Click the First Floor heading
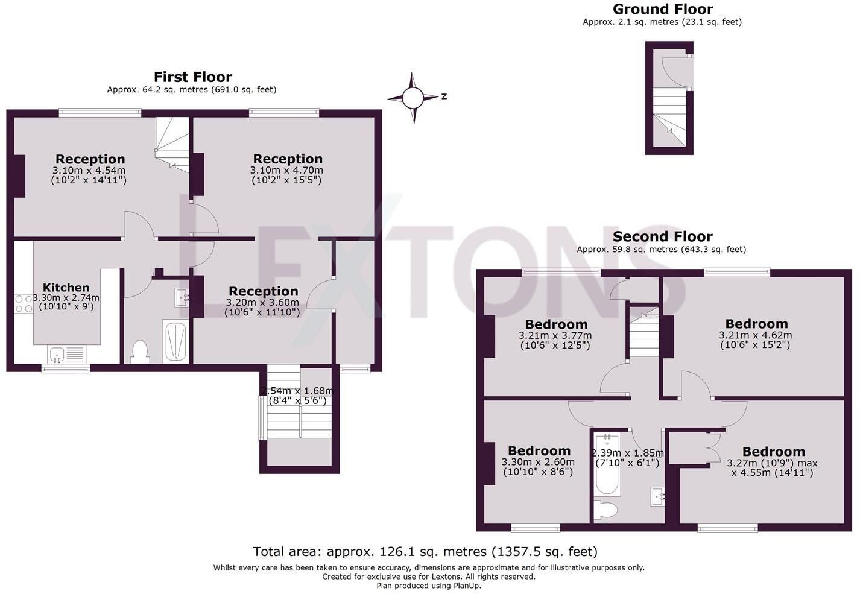(x=193, y=77)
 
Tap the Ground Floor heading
(x=663, y=9)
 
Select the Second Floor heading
(x=662, y=236)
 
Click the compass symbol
(x=413, y=98)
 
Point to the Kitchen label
(x=66, y=287)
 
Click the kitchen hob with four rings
(x=24, y=304)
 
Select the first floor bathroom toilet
(x=140, y=352)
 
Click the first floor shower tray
(x=175, y=341)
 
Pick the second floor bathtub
(x=607, y=464)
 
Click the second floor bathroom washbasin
(x=658, y=496)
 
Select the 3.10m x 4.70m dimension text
(x=286, y=170)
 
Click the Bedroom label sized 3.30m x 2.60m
(x=539, y=450)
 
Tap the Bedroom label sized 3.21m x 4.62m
(x=756, y=324)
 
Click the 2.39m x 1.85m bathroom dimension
(x=628, y=453)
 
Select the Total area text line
(x=425, y=552)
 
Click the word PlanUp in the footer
(x=466, y=586)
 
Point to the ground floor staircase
(x=669, y=116)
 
